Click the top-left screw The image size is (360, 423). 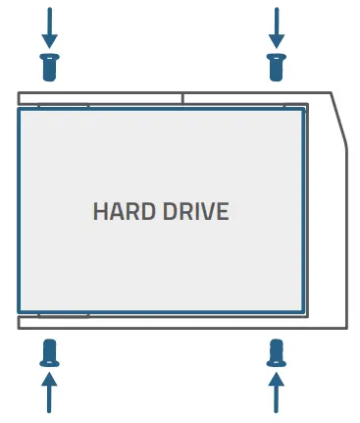[50, 68]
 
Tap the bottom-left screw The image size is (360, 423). [50, 351]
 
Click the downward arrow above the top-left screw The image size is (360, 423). [50, 27]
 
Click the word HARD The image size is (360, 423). [123, 212]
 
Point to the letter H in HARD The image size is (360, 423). [99, 212]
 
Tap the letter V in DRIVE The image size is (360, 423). [207, 212]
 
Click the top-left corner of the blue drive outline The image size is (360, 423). [19, 109]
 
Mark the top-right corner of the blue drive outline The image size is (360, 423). [303, 109]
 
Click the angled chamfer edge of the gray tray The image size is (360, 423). [339, 120]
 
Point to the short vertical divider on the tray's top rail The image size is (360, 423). [182, 98]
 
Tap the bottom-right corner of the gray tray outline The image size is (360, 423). [347, 330]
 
